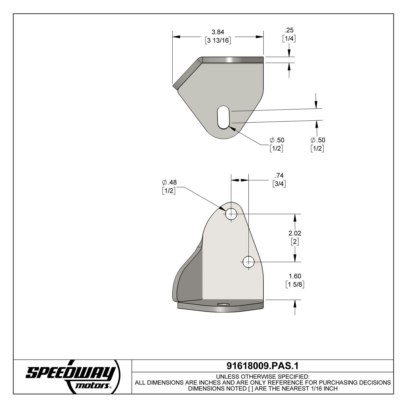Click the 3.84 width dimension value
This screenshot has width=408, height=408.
(218, 32)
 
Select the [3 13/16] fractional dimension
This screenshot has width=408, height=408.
(218, 40)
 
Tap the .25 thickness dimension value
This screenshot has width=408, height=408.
(289, 30)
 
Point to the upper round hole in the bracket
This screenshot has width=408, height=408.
(231, 214)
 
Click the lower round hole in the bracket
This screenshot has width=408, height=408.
(248, 262)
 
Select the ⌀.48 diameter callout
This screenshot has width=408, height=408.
(169, 182)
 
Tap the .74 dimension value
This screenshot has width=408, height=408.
(279, 175)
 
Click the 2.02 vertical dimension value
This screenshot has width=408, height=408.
(295, 233)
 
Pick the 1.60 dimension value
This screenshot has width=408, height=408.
(295, 276)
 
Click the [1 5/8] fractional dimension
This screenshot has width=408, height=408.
(295, 285)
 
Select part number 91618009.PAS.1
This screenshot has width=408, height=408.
(262, 366)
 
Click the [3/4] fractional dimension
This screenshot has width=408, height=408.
(279, 184)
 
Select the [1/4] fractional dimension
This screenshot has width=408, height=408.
(289, 39)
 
